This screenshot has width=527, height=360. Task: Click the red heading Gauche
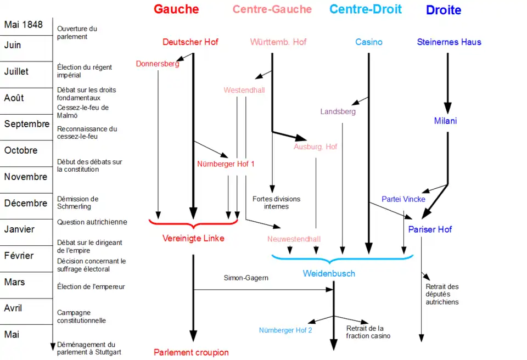176,9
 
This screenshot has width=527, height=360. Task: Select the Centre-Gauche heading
272,9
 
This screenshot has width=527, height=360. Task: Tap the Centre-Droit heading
365,9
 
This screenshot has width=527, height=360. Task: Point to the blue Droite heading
444,10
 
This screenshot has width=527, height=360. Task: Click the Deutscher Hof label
190,42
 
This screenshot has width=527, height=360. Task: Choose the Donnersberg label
158,64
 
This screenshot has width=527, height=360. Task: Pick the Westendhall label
244,90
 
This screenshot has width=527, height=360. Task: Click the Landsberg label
338,111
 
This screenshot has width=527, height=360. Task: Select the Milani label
445,121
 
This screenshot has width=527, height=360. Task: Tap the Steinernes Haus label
449,42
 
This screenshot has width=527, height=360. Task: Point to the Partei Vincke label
403,199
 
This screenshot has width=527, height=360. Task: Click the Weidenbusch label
329,273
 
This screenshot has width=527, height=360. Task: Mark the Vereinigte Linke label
193,238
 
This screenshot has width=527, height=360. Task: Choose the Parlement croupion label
191,352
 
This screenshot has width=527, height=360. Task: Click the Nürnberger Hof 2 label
285,330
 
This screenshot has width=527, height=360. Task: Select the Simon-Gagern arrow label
246,278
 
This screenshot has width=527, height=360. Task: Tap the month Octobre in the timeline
21,150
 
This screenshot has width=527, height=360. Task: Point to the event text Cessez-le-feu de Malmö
83,111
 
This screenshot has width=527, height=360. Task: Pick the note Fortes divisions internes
276,203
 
